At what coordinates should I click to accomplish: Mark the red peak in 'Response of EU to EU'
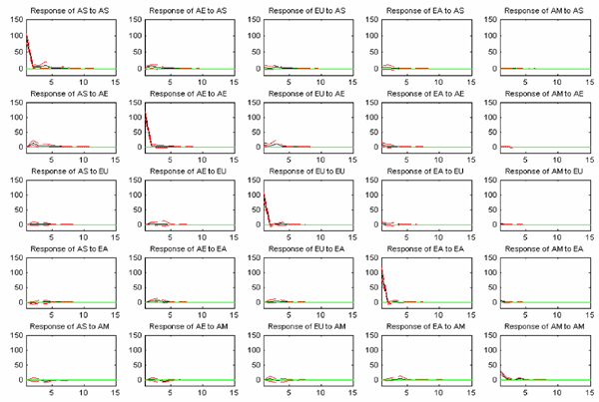pos(266,194)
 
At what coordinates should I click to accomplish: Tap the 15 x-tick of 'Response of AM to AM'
pos(592,391)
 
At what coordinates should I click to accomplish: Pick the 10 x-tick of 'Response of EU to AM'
pos(321,391)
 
